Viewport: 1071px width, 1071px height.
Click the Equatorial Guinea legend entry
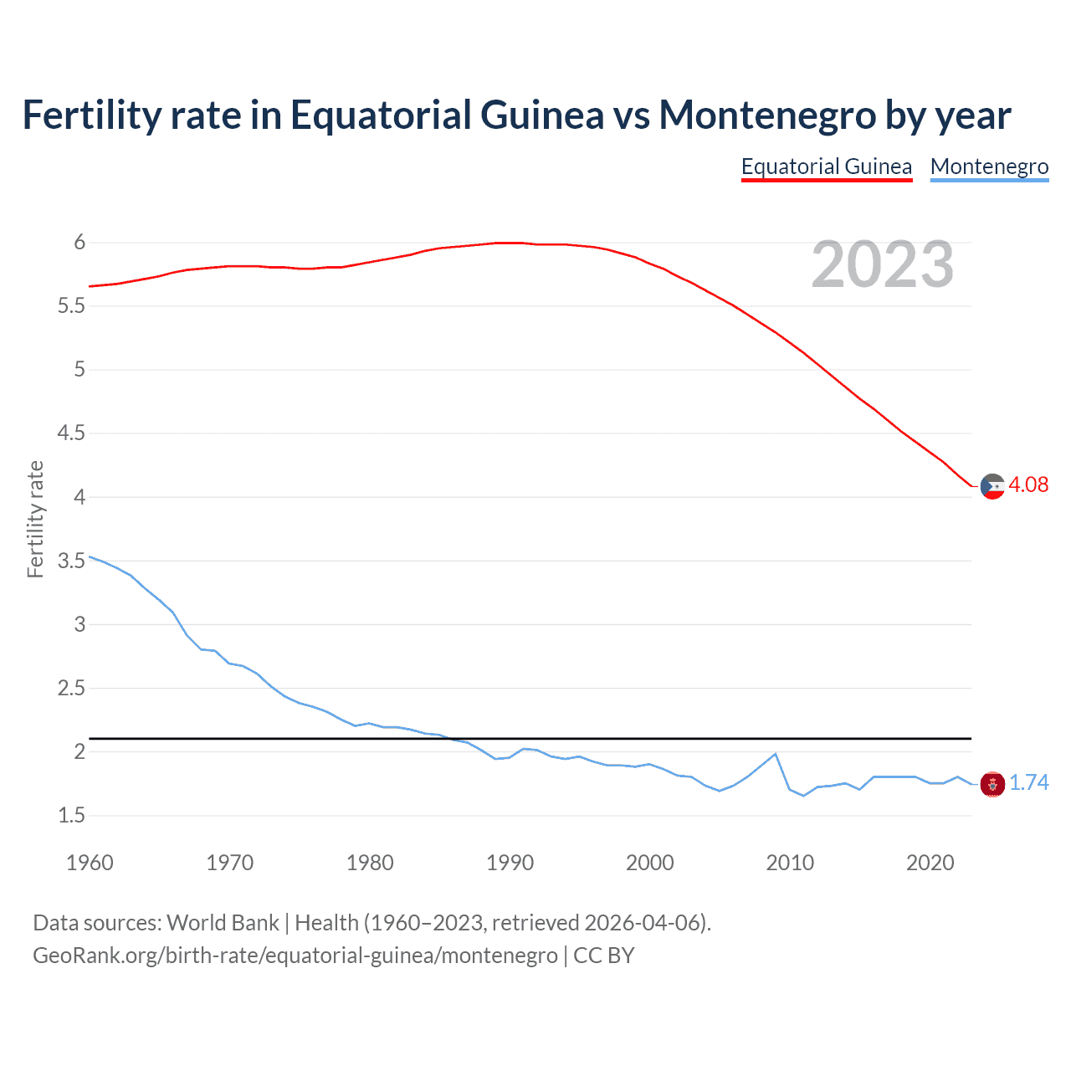point(826,167)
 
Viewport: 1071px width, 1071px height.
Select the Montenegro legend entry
point(989,167)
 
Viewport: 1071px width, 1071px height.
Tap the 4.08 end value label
point(1028,485)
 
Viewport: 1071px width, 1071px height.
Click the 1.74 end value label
point(1028,783)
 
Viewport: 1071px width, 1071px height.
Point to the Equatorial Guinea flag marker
point(992,486)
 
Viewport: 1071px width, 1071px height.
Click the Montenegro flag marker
point(992,784)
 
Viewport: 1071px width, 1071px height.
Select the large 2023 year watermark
point(882,265)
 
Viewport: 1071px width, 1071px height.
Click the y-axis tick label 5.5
point(71,306)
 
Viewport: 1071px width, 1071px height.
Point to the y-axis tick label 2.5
point(71,689)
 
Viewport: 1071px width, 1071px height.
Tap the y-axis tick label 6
point(79,243)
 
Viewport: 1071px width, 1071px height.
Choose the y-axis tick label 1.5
point(71,816)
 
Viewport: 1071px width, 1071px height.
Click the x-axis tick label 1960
point(90,863)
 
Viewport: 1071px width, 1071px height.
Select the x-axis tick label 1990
point(510,863)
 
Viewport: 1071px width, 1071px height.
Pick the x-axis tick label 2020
point(930,863)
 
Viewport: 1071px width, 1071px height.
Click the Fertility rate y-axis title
point(35,519)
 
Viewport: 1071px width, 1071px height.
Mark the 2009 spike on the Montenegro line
point(775,754)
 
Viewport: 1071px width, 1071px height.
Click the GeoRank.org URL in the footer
point(295,956)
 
